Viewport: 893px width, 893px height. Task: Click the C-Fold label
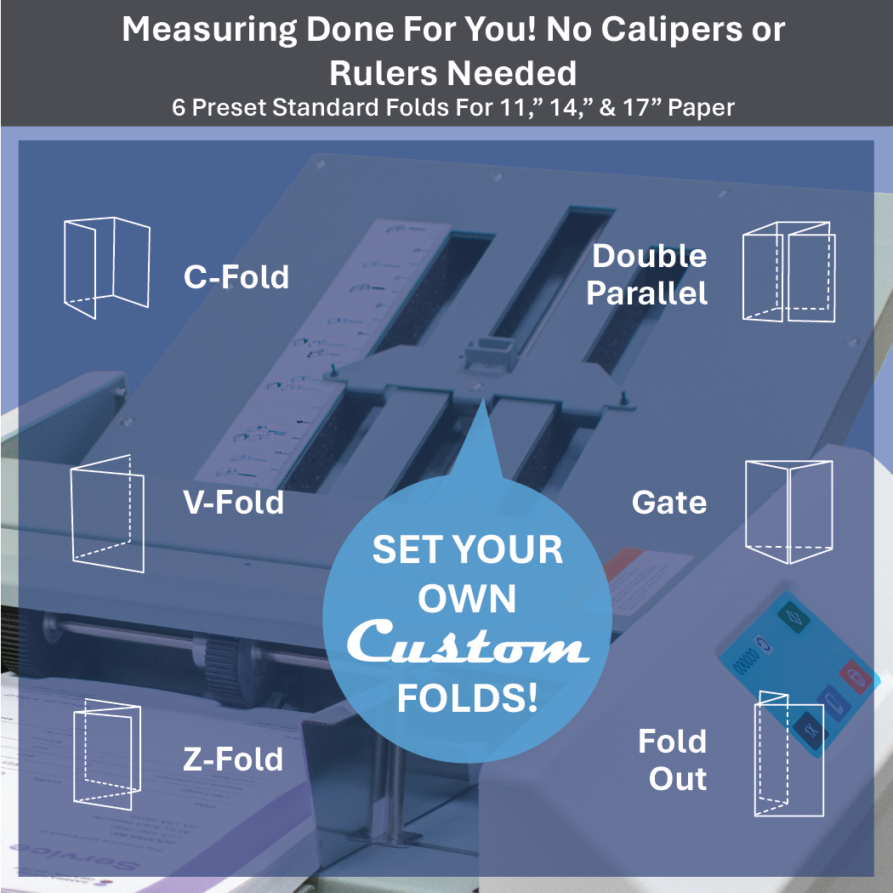pos(236,277)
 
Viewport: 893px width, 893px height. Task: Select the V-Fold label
pos(233,503)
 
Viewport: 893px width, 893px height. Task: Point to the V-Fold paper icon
pos(106,513)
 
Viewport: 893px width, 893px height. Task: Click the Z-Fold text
pos(233,759)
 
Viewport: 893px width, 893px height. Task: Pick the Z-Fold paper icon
pos(105,754)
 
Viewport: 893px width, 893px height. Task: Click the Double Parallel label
pos(648,275)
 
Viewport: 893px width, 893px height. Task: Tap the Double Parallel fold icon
pos(788,272)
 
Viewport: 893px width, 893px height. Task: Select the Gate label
pos(669,503)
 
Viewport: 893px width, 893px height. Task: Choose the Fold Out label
pos(674,759)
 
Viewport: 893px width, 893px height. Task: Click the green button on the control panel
pos(794,615)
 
